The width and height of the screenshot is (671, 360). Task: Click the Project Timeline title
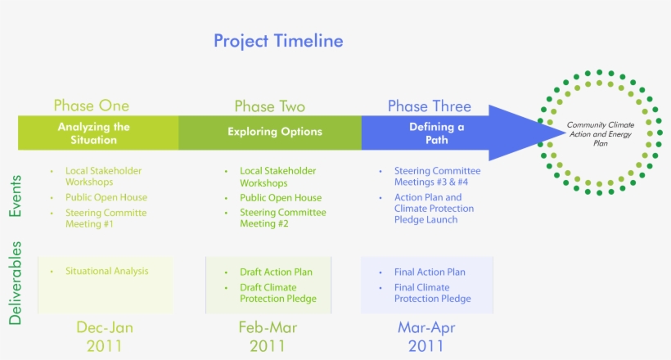point(278,41)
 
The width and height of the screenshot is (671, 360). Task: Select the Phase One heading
point(91,106)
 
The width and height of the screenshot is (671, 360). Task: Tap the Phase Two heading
point(269,106)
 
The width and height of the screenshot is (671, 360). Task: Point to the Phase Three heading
point(430,106)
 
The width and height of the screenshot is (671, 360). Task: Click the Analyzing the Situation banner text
point(94,133)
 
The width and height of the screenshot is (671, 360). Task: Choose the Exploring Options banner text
point(275,132)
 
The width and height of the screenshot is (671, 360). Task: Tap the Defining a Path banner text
point(436,133)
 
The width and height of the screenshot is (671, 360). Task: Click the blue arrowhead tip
point(565,133)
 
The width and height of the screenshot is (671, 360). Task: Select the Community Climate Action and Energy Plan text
point(601,133)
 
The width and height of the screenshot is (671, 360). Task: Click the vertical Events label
point(15,196)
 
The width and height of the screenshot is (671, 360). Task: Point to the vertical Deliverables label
point(15,283)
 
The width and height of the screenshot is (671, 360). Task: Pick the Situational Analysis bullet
point(107,271)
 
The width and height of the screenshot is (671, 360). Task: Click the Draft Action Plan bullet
point(276,272)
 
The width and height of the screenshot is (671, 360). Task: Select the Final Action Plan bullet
point(430,272)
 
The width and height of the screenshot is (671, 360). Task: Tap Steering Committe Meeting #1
point(106,218)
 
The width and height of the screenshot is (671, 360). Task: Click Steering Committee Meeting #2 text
point(283,218)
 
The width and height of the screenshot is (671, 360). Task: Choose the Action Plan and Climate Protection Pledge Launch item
point(434,209)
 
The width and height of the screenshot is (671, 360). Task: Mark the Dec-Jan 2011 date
point(105,336)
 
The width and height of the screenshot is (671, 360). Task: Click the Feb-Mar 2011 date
point(268,336)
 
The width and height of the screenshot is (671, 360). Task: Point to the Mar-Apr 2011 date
point(426,336)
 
